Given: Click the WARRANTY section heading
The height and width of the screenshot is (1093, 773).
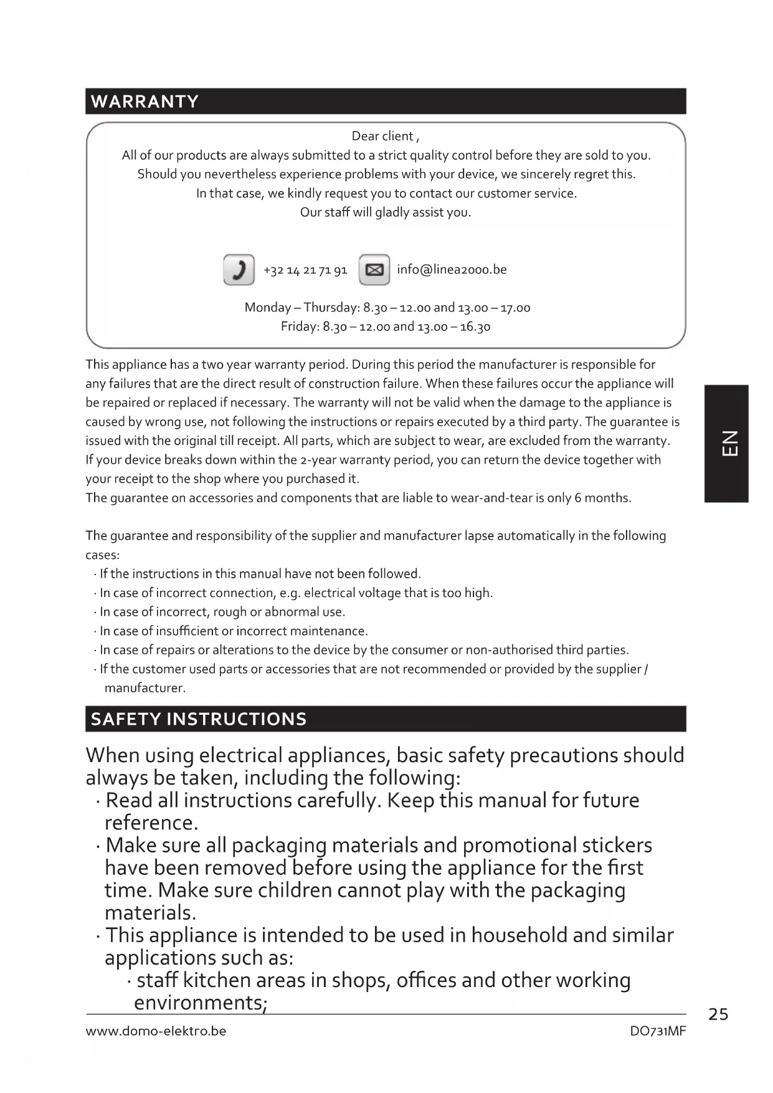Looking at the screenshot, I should [145, 102].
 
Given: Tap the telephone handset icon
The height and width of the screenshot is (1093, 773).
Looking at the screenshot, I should [239, 270].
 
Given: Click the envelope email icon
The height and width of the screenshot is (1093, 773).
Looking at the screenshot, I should [374, 270].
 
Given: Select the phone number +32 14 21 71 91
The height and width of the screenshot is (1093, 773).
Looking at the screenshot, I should [305, 270].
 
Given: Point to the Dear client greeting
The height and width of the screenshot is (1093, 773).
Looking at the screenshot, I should [385, 136].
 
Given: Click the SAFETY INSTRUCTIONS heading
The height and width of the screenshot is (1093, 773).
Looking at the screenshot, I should [199, 719].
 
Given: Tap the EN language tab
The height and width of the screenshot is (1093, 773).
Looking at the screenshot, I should [727, 443].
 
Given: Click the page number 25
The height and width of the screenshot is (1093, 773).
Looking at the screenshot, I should [718, 1014].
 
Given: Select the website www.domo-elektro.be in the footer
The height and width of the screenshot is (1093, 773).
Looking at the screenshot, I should [156, 1031].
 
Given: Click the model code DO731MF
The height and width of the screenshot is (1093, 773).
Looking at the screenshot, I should [658, 1031].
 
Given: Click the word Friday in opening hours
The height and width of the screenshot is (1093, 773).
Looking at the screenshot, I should [300, 327].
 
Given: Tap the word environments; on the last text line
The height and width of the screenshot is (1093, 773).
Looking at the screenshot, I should [201, 1003].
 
